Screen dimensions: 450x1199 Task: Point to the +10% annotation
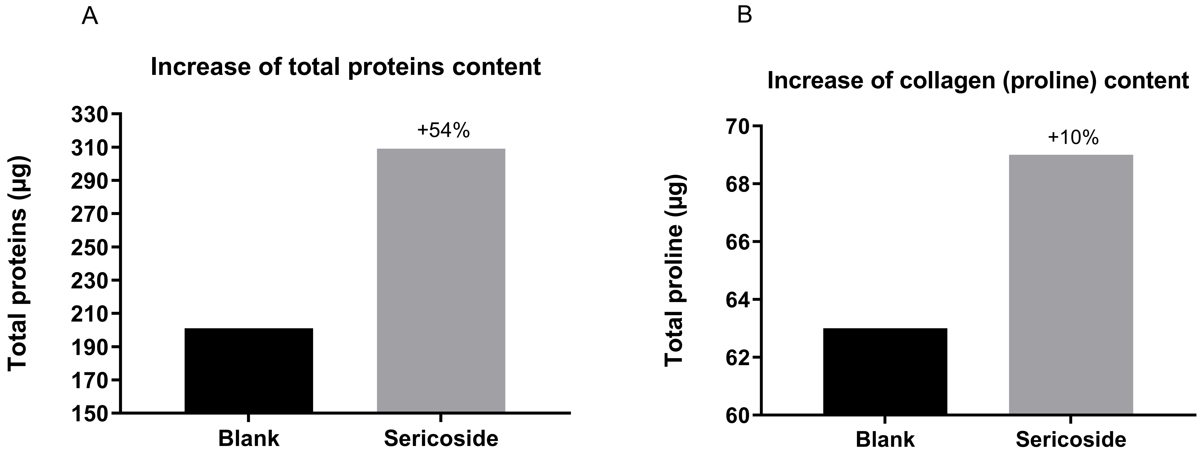(1073, 138)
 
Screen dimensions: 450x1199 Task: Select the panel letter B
(745, 16)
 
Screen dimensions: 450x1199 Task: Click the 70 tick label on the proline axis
(732, 126)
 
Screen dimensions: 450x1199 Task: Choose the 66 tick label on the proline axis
(732, 242)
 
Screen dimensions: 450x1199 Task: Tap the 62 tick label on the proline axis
(732, 357)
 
